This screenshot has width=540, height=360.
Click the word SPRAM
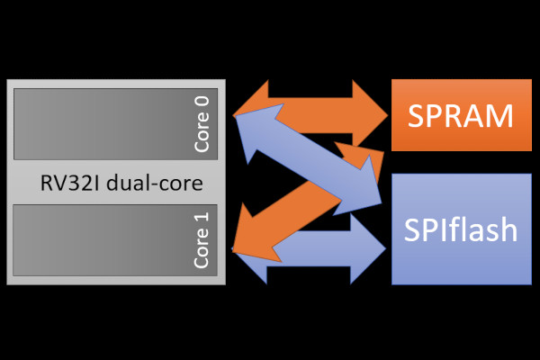coord(461,116)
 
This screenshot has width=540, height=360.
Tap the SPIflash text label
coord(461,229)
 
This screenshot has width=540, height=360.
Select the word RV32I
coord(70,183)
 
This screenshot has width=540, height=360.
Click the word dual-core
coord(155,183)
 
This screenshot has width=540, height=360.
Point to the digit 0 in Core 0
coord(202,102)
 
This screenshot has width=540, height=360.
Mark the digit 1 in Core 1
coord(202,217)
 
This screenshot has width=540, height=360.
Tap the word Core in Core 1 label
coord(202,247)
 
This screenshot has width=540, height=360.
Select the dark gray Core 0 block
coord(116,124)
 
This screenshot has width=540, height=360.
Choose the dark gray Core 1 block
coord(115,240)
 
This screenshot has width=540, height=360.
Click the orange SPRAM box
coord(462,115)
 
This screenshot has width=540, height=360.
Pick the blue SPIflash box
coord(462,229)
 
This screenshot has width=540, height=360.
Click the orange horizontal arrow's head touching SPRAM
coord(369,115)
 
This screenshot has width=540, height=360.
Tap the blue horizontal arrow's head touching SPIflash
coord(368,248)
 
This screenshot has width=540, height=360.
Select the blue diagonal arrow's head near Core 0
coord(255,130)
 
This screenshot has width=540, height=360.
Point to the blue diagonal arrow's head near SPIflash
coord(362,189)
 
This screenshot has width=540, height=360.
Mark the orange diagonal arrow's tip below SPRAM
coord(383,151)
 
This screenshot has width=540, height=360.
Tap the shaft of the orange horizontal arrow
coord(310,115)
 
